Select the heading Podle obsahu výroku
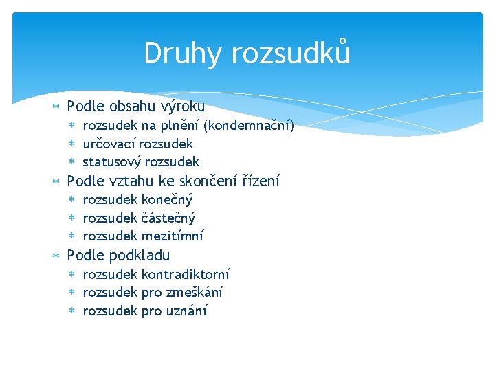135,106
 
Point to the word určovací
109,144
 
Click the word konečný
167,200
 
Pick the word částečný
168,218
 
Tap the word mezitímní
173,236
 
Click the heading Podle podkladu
118,256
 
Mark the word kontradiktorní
186,274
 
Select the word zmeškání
195,293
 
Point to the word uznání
186,311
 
